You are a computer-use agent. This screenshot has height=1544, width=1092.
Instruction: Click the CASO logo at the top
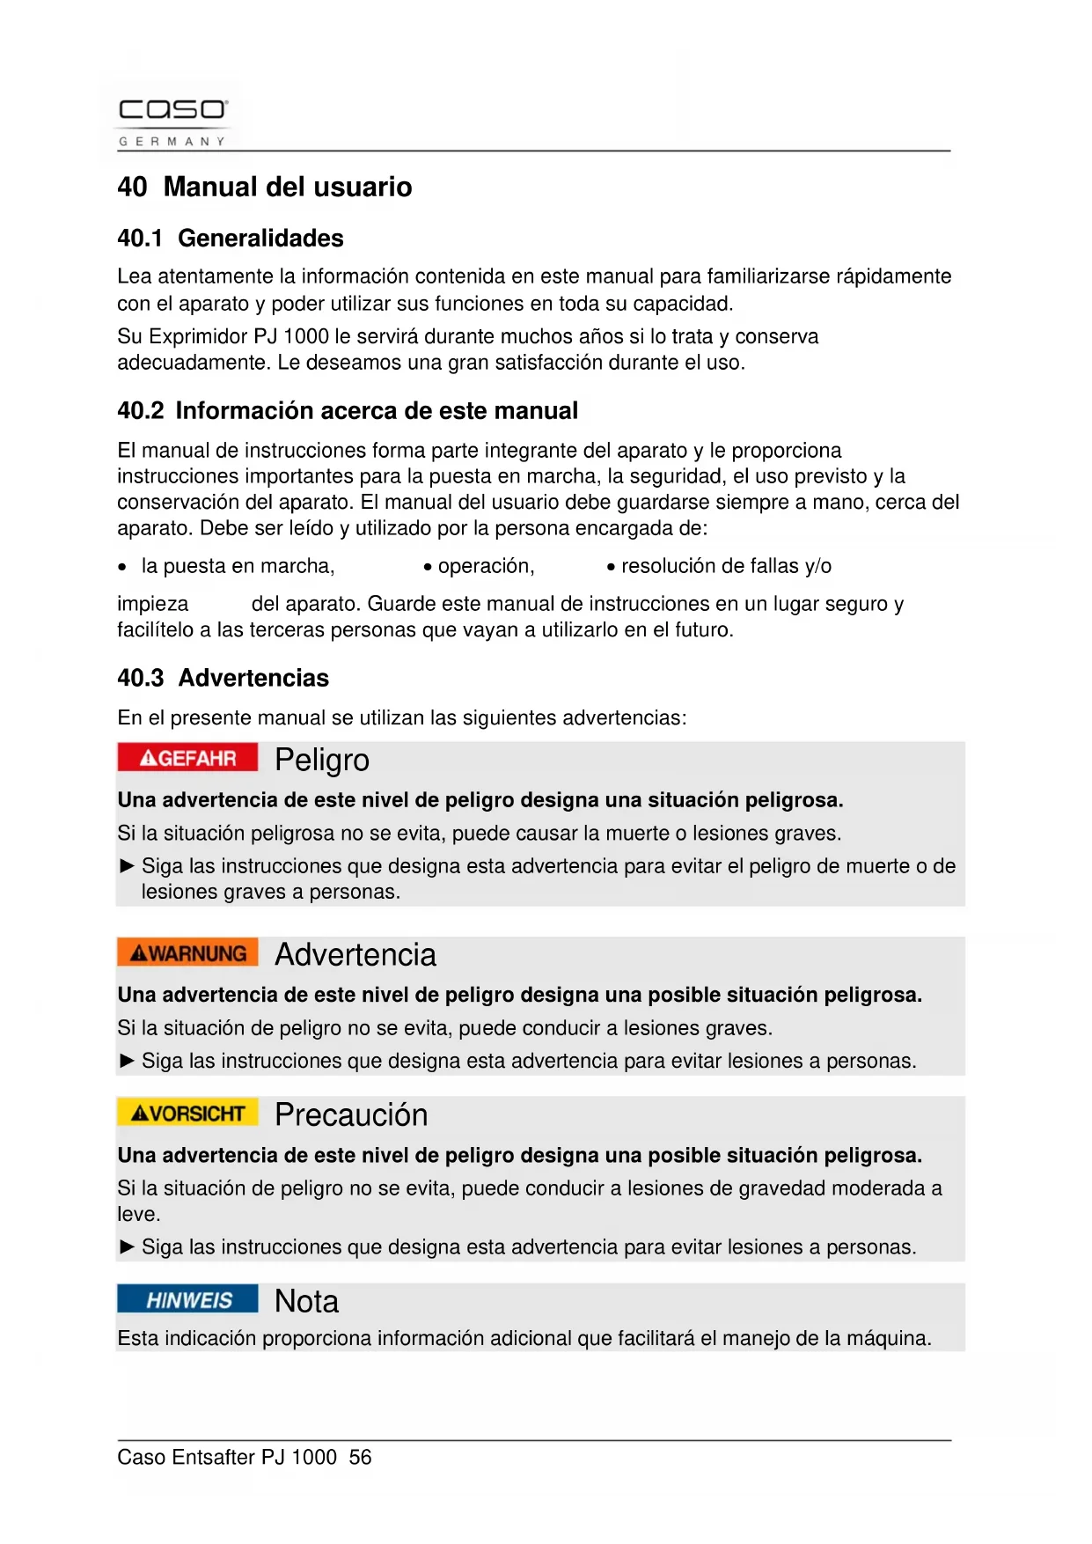(x=173, y=110)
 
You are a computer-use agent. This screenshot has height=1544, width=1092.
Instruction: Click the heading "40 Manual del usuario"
(x=265, y=187)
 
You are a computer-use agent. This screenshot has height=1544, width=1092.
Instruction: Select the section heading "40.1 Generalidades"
(x=231, y=238)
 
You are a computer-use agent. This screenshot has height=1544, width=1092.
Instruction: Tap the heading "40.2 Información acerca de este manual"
(x=348, y=410)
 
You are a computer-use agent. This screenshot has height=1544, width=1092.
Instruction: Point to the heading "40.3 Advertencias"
(x=224, y=678)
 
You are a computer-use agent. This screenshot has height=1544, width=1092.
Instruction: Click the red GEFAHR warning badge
(x=187, y=758)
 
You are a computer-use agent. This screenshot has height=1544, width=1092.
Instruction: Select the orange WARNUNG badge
(x=187, y=953)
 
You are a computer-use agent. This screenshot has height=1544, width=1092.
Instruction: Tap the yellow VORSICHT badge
(x=187, y=1114)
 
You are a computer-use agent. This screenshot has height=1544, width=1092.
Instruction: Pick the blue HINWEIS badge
(x=187, y=1300)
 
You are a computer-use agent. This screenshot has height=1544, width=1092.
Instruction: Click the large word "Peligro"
(x=322, y=760)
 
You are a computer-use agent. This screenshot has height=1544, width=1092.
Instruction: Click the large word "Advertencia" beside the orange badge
(x=355, y=955)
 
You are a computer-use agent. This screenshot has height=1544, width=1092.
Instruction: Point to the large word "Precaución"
(x=351, y=1115)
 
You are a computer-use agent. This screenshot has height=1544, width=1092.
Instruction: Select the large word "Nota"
(x=306, y=1301)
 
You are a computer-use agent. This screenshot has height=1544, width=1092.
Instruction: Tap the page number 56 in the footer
(x=361, y=1457)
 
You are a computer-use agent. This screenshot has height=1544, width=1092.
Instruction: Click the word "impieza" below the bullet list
(x=153, y=604)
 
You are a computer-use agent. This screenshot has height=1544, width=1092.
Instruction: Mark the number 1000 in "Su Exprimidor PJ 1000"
(x=306, y=336)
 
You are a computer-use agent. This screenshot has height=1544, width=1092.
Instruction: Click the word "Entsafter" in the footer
(x=214, y=1457)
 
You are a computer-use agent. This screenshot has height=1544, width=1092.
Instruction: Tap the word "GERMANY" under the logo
(x=172, y=141)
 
